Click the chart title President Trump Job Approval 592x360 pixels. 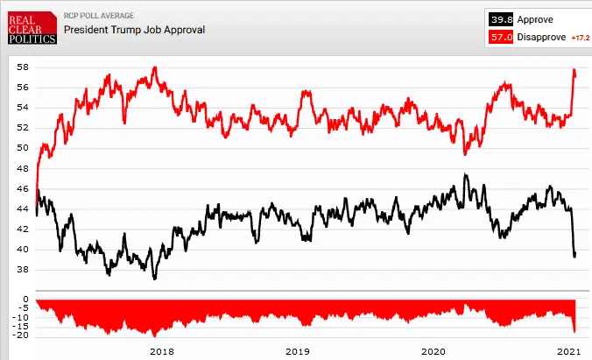tap(134, 29)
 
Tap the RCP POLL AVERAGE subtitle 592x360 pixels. tap(99, 15)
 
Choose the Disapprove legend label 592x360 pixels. tap(542, 38)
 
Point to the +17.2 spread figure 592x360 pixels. tap(580, 39)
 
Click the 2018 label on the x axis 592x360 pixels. tap(163, 351)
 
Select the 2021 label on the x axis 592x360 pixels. tap(568, 351)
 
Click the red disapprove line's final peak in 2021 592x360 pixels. tap(574, 70)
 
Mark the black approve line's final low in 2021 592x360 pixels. tap(574, 256)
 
